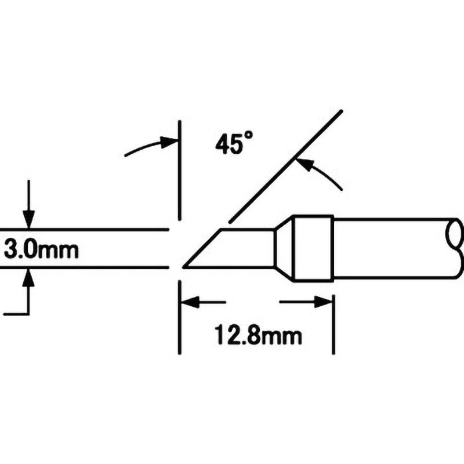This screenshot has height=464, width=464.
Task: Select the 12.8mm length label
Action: [x=258, y=335]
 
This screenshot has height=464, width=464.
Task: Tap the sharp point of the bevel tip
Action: [x=184, y=267]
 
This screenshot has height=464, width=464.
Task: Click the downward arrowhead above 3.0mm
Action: [x=28, y=219]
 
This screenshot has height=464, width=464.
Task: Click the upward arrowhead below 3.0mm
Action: [x=28, y=278]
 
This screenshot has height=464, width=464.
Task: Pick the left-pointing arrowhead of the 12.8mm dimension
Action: [x=190, y=302]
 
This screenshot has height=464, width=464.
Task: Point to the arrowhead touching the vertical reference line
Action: [x=169, y=142]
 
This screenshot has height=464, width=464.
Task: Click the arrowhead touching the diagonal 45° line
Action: [x=305, y=165]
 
